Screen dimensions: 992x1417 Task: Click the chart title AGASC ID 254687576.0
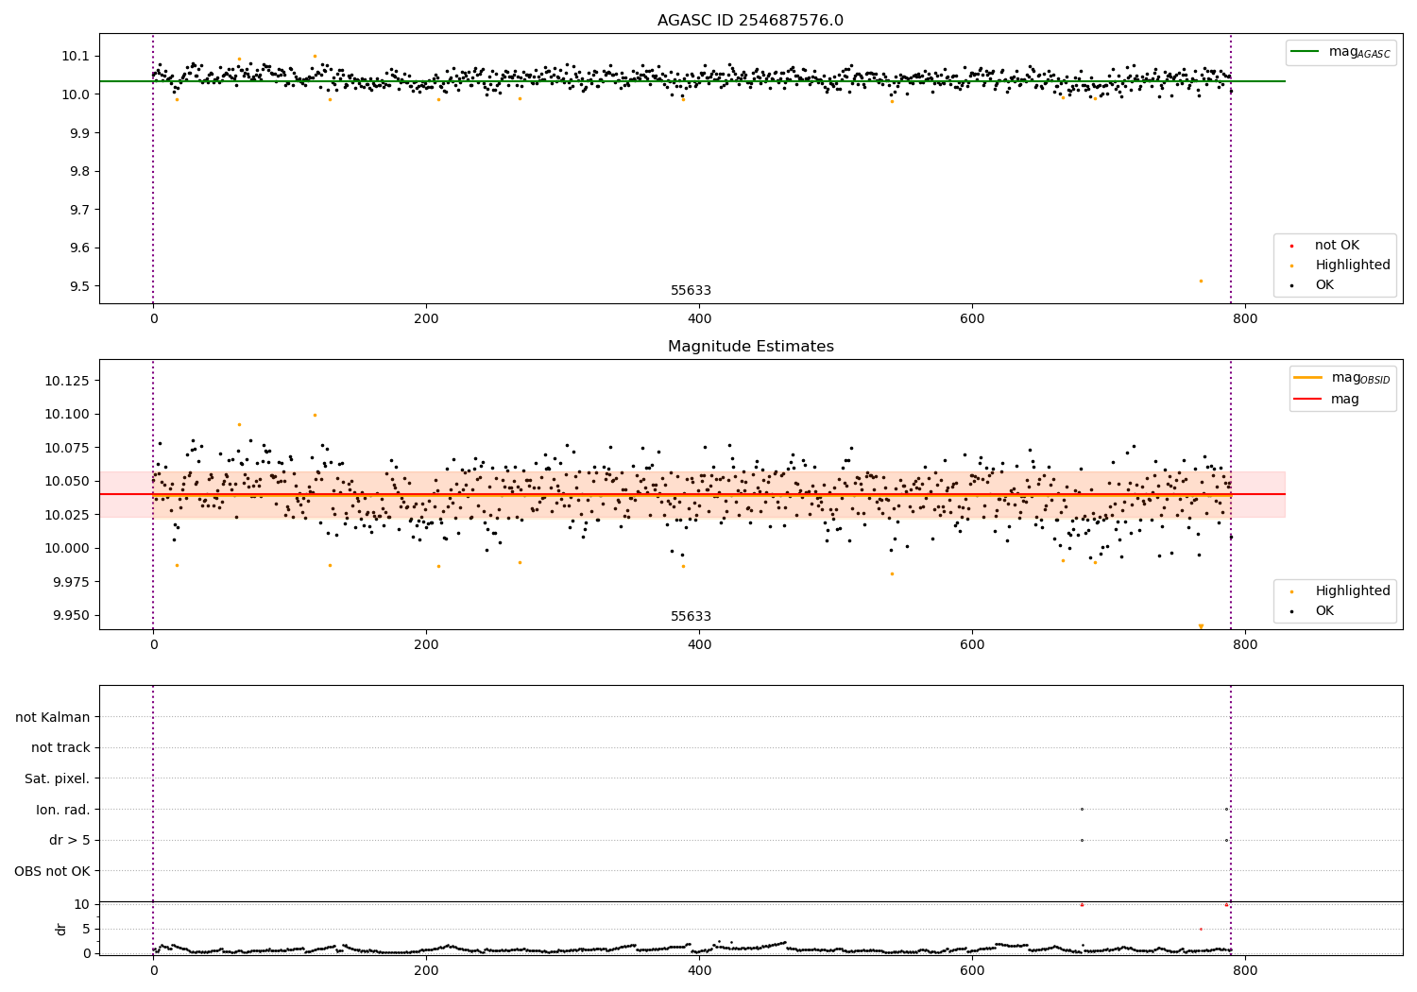(x=750, y=21)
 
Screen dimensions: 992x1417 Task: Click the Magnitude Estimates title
(x=750, y=347)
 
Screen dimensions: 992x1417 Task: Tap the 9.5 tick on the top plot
(x=76, y=286)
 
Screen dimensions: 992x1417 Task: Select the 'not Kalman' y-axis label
(x=53, y=717)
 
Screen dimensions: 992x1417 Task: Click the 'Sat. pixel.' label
(x=57, y=778)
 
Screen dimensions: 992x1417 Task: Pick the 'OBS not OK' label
(x=52, y=871)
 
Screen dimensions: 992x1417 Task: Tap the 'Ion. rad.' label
(x=62, y=810)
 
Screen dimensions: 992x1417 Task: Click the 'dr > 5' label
(x=69, y=840)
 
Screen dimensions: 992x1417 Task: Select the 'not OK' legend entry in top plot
(x=1337, y=246)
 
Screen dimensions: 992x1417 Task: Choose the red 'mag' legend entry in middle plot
(x=1344, y=399)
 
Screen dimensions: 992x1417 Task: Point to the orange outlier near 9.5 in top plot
(x=1201, y=281)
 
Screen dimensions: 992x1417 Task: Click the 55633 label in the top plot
(x=691, y=291)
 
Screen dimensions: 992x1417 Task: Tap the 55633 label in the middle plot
(x=691, y=617)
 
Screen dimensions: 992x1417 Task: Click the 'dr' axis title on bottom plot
(x=61, y=929)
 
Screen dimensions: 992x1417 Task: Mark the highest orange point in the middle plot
(x=315, y=415)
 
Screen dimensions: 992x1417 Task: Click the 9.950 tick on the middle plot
(x=69, y=615)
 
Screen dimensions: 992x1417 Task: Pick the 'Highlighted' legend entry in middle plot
(x=1352, y=591)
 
